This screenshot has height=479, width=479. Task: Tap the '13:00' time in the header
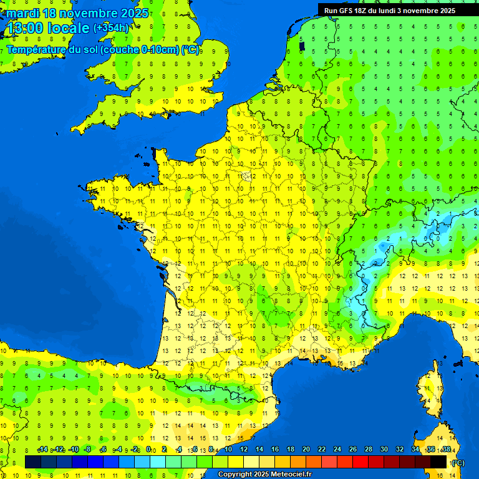tap(24, 28)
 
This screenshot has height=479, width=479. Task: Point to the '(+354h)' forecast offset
tap(111, 27)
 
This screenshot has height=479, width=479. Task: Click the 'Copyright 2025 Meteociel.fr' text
tap(264, 475)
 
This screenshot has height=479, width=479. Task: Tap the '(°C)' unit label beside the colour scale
tap(457, 462)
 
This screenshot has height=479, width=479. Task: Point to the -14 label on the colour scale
tap(42, 450)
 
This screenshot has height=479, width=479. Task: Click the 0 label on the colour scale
tap(148, 450)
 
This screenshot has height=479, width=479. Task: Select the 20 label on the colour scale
tap(306, 450)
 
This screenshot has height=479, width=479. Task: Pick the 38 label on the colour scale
tap(446, 450)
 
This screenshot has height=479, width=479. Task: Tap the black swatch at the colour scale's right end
tap(438, 462)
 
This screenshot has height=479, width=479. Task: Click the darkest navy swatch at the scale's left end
tap(33, 462)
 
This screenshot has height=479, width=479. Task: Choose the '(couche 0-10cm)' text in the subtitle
tap(139, 49)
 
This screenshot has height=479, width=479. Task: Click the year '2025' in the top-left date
tap(133, 13)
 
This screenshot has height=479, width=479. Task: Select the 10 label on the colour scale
tap(228, 450)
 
